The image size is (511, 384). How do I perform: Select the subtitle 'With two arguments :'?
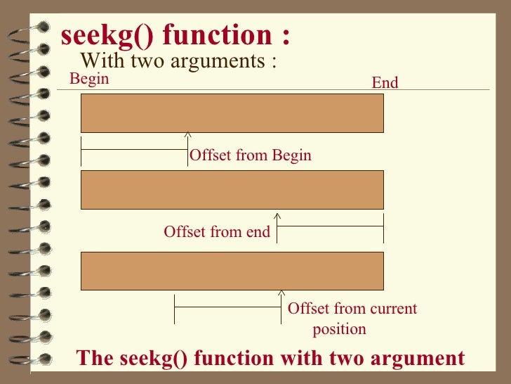tap(178, 60)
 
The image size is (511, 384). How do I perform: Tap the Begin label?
tap(89, 78)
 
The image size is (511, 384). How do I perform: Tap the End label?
tap(385, 83)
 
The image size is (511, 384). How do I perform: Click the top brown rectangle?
tap(232, 113)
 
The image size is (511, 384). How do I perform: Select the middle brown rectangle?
tap(232, 189)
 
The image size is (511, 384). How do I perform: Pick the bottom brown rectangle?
tap(232, 271)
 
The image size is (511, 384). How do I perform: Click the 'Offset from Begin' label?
tap(251, 155)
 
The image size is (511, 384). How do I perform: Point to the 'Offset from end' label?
tap(217, 231)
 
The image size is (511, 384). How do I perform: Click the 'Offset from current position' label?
tap(352, 318)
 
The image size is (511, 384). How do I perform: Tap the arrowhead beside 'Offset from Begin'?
tap(187, 135)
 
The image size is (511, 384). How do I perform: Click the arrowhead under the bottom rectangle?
tap(281, 292)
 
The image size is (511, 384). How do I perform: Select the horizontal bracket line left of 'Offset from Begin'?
tap(134, 150)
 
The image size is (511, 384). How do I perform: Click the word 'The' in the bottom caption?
tap(93, 358)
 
